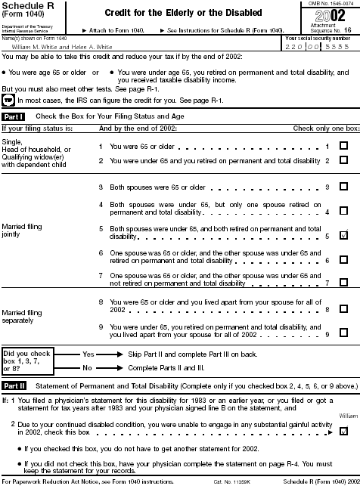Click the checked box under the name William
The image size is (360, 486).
pyautogui.click(x=344, y=431)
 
